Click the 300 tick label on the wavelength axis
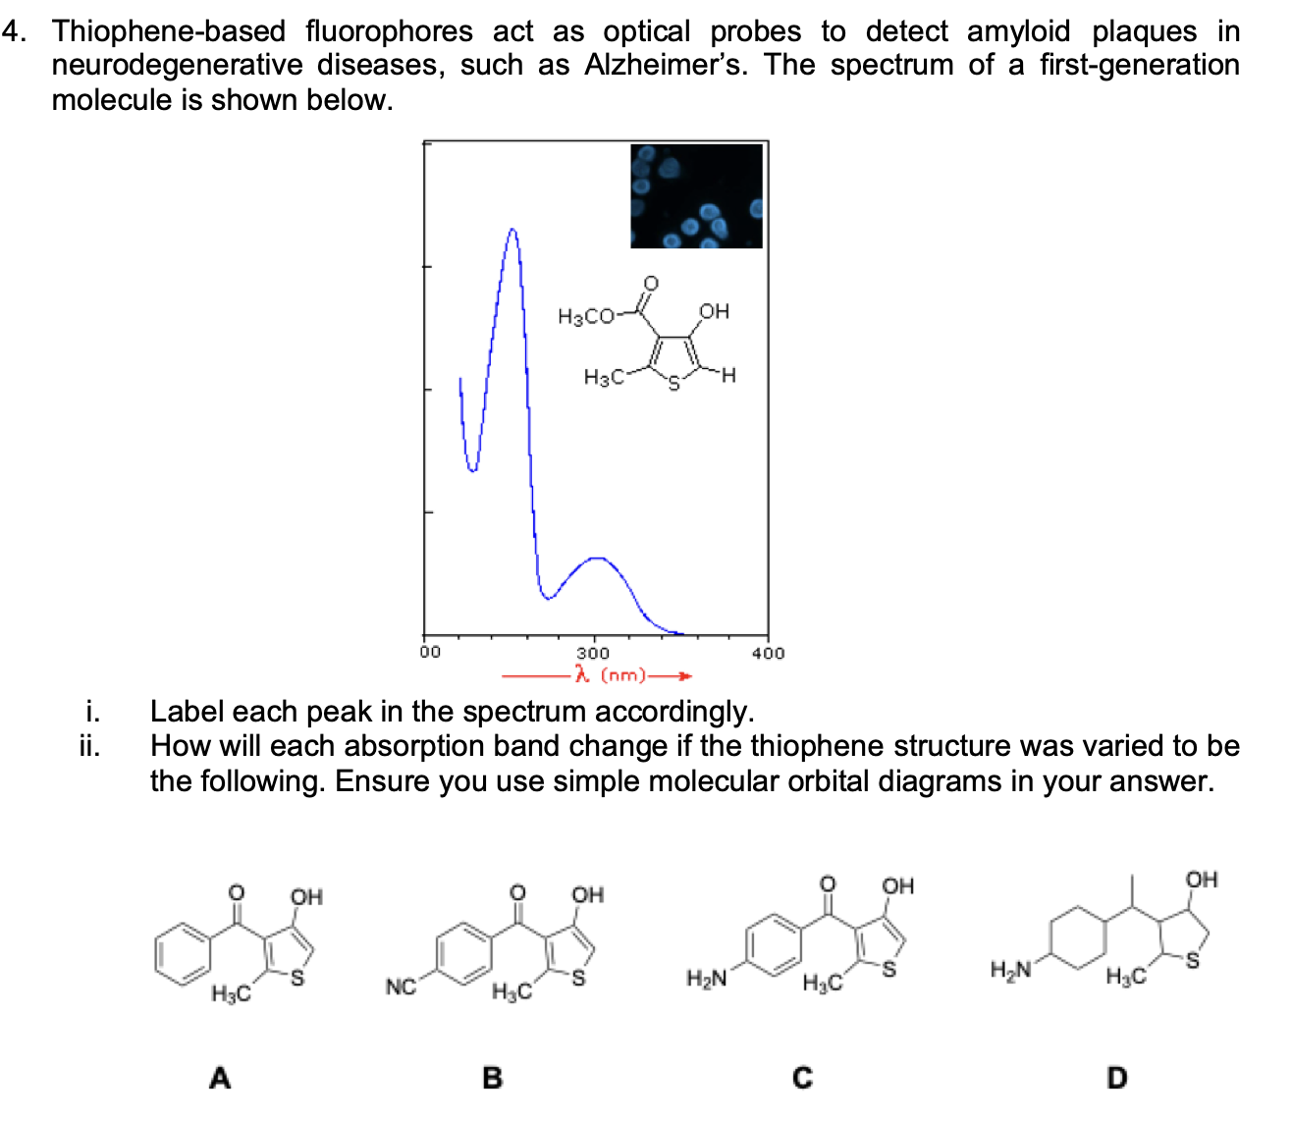click(592, 653)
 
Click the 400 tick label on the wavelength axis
click(768, 653)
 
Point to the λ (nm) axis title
click(611, 675)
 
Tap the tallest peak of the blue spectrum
click(512, 230)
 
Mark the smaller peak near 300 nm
click(596, 559)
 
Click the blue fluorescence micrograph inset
click(696, 195)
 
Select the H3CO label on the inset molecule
click(585, 316)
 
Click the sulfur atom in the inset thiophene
click(673, 383)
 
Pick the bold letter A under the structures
click(220, 1078)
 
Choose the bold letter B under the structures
click(493, 1078)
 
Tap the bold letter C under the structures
click(803, 1078)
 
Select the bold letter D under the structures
click(1116, 1078)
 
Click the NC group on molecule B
click(401, 986)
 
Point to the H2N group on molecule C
click(707, 979)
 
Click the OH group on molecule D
click(1202, 880)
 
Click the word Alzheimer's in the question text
click(666, 65)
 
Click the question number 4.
click(14, 31)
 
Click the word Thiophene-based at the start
click(169, 31)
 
